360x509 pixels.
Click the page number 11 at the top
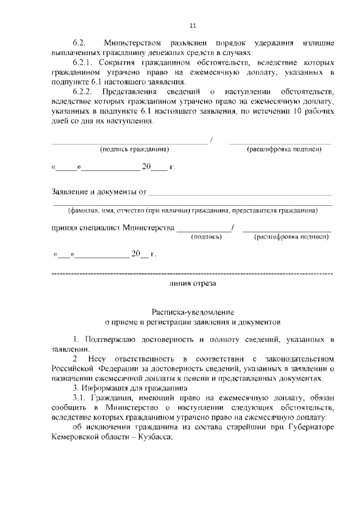192,25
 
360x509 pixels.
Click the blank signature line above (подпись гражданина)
129,144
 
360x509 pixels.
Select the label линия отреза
192,283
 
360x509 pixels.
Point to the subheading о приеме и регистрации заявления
192,323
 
